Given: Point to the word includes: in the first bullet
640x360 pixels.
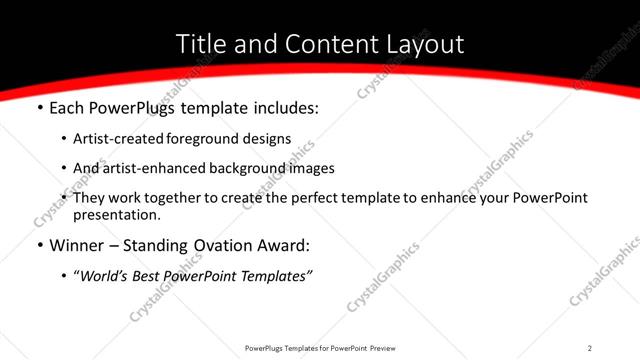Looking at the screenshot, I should click(x=284, y=108).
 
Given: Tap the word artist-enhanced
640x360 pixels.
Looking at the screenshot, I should click(x=143, y=168).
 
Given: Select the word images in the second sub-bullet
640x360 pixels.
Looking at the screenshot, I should click(x=312, y=168).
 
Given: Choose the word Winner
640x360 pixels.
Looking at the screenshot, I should click(x=76, y=245).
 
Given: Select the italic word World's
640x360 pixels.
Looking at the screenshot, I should click(x=106, y=276).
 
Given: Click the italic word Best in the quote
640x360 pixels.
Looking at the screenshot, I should click(x=152, y=276).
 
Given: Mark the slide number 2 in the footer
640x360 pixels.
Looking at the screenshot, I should click(x=590, y=347).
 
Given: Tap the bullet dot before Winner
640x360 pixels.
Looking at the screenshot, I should click(x=39, y=245).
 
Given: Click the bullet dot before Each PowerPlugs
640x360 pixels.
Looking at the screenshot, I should click(x=39, y=108).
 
